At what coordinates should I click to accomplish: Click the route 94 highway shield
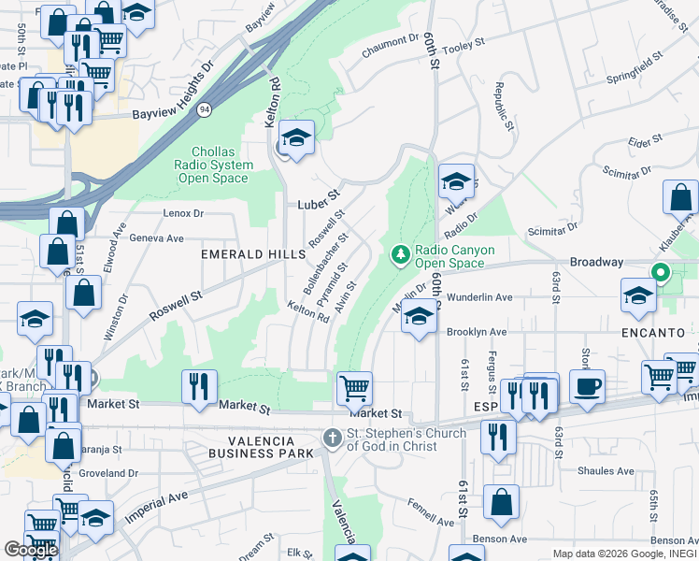point(203,109)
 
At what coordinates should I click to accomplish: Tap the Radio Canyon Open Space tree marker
point(400,254)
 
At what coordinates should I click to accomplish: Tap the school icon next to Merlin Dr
point(420,318)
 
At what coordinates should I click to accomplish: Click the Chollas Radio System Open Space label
point(221,165)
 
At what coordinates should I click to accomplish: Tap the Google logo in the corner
point(31,550)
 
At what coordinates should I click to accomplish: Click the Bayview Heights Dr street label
point(173,93)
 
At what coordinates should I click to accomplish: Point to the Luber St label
point(316,203)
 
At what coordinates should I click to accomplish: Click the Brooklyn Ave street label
point(477,332)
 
